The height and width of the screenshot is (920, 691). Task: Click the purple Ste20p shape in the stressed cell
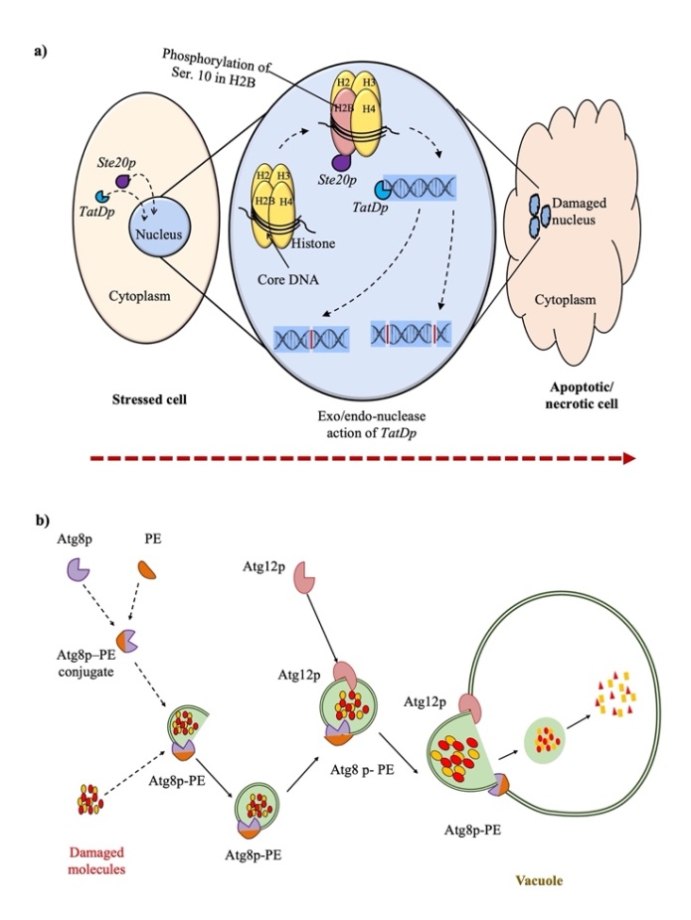pos(123,181)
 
